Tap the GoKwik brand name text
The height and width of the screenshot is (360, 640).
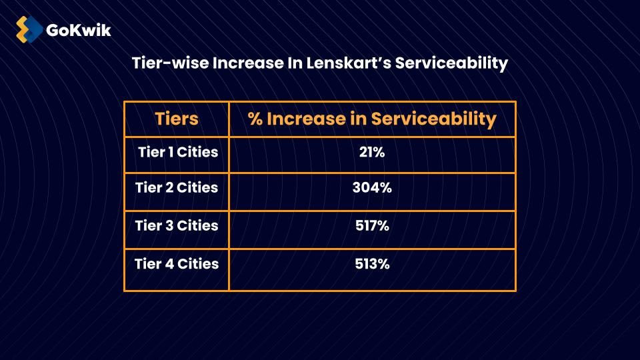coord(79,30)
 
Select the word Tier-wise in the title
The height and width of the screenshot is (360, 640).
coord(169,63)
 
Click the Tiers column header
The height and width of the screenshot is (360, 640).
coord(177,119)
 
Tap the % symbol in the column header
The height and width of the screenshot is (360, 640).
coord(255,119)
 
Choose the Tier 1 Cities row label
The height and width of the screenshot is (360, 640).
coord(177,152)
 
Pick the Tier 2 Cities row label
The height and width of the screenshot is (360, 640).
coord(177,187)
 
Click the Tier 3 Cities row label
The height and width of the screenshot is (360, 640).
coord(177,225)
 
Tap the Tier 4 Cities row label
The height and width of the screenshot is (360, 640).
coord(177,263)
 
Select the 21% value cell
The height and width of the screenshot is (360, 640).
coord(372,152)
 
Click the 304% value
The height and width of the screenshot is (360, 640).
coord(372,187)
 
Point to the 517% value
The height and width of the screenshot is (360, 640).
coord(372,225)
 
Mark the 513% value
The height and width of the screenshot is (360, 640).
coord(372,263)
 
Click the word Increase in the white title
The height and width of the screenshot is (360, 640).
coord(244,63)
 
